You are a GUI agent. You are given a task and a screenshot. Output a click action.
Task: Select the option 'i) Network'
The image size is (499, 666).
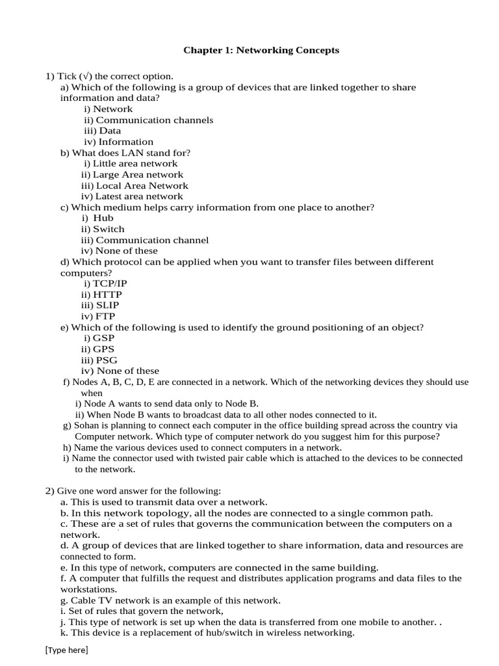(x=108, y=109)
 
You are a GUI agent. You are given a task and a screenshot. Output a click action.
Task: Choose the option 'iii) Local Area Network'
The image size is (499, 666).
(x=134, y=185)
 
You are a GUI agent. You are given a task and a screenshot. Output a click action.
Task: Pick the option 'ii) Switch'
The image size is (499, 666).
(x=103, y=229)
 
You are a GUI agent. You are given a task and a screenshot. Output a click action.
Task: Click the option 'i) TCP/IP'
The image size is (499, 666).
(x=105, y=284)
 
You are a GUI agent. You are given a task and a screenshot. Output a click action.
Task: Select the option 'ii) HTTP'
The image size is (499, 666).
(x=101, y=295)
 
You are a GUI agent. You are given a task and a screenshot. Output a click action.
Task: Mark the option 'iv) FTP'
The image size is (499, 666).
(x=97, y=316)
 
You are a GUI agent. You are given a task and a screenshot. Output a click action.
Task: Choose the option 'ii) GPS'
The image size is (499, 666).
(x=97, y=349)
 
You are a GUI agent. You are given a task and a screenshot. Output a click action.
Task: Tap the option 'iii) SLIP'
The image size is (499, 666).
(x=100, y=305)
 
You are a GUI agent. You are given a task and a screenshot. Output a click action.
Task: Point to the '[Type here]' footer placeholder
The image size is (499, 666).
(x=66, y=650)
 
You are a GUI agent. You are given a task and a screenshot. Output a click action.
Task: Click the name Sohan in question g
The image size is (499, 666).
(x=88, y=425)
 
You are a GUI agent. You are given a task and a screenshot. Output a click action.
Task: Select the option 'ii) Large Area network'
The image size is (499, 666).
(x=132, y=174)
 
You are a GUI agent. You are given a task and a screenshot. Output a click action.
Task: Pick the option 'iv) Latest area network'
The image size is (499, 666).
(x=132, y=196)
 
